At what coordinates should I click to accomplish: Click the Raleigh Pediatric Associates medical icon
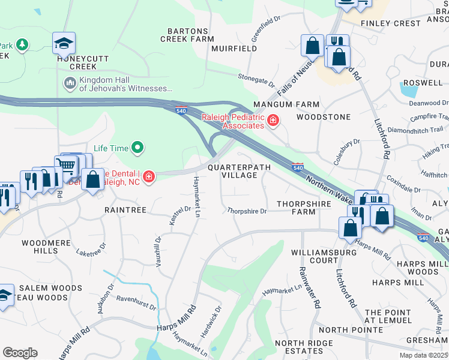coord(273,121)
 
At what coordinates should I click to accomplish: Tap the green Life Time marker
coord(137,147)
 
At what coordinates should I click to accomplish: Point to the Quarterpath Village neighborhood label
coord(240,171)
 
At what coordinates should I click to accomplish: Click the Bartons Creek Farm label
coord(187,35)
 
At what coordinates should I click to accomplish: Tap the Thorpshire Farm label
coord(304,208)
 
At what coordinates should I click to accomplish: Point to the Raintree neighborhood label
coord(125,210)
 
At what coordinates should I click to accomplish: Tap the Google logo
coord(20,352)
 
